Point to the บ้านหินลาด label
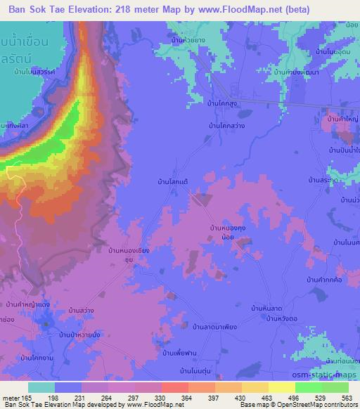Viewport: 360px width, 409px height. pyautogui.click(x=266, y=308)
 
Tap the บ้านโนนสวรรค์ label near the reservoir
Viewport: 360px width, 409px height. pyautogui.click(x=33, y=72)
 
